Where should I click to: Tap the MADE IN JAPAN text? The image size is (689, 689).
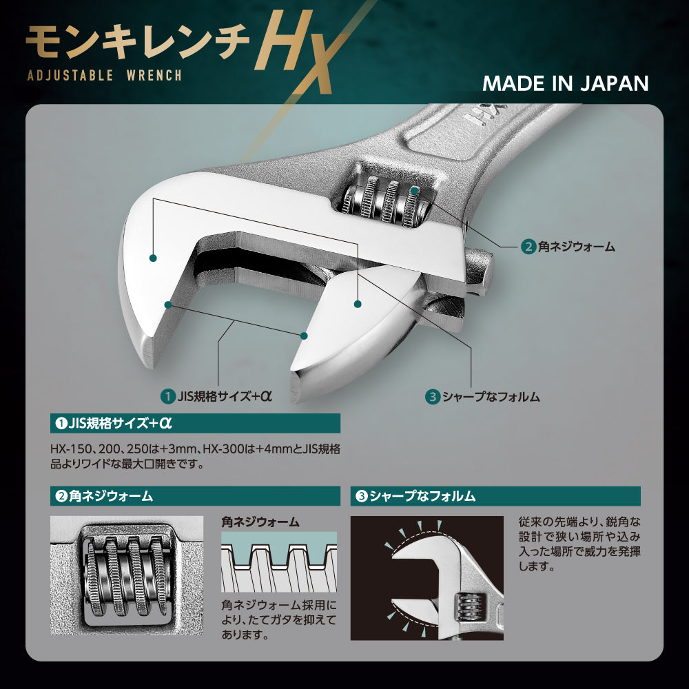(x=565, y=83)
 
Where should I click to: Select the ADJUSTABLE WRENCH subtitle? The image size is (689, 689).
(x=104, y=75)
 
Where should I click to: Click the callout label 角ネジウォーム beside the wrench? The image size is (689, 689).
(x=576, y=246)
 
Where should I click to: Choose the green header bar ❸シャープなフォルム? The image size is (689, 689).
(x=495, y=495)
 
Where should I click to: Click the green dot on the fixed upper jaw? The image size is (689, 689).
(x=153, y=258)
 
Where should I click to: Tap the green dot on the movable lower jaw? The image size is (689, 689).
(x=358, y=304)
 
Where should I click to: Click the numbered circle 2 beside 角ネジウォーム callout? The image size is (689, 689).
(x=528, y=246)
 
